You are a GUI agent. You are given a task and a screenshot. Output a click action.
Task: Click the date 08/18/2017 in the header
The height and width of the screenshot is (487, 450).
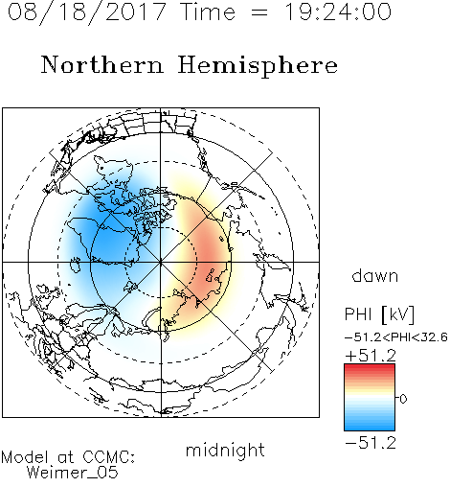click(x=86, y=12)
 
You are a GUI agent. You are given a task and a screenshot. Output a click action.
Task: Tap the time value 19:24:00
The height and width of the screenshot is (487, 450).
click(x=337, y=12)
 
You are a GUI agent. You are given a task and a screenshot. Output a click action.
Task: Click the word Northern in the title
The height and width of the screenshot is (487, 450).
click(x=101, y=65)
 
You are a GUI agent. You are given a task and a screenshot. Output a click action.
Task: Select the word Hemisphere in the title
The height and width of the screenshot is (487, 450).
click(x=258, y=66)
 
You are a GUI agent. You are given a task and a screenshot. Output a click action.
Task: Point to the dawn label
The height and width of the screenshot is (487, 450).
click(x=375, y=275)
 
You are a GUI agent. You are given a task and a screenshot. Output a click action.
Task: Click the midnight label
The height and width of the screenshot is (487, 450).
click(x=225, y=450)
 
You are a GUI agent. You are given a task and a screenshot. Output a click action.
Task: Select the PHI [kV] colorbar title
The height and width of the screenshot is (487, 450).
click(x=379, y=314)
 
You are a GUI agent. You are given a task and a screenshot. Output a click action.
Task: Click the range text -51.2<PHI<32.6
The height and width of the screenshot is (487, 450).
click(x=396, y=337)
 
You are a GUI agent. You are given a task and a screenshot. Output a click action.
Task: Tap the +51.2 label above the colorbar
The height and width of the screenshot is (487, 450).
click(x=371, y=356)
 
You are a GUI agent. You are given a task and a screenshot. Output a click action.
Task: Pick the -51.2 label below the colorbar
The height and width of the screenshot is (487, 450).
click(x=371, y=443)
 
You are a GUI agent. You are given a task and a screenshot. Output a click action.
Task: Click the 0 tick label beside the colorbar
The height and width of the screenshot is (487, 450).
click(x=403, y=399)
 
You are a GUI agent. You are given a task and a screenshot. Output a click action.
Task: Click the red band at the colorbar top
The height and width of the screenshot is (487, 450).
click(x=370, y=368)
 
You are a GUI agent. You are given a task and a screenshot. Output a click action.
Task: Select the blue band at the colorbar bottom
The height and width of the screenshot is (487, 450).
click(x=370, y=427)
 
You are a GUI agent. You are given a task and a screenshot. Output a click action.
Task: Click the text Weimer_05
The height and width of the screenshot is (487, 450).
click(x=73, y=473)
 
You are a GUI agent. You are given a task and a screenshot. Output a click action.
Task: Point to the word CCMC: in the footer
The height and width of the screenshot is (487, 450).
click(x=108, y=457)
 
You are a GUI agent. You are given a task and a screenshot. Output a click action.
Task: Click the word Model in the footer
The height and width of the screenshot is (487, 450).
click(x=25, y=457)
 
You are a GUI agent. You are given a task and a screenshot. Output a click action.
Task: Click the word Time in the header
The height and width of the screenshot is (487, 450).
click(x=208, y=12)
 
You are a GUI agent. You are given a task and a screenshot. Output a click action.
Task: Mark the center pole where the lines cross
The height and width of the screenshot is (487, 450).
click(x=161, y=262)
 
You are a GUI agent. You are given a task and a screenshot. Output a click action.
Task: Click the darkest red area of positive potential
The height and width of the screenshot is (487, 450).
click(x=209, y=256)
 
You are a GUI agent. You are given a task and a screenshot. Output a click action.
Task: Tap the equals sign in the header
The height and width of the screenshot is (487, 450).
click(x=259, y=12)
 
